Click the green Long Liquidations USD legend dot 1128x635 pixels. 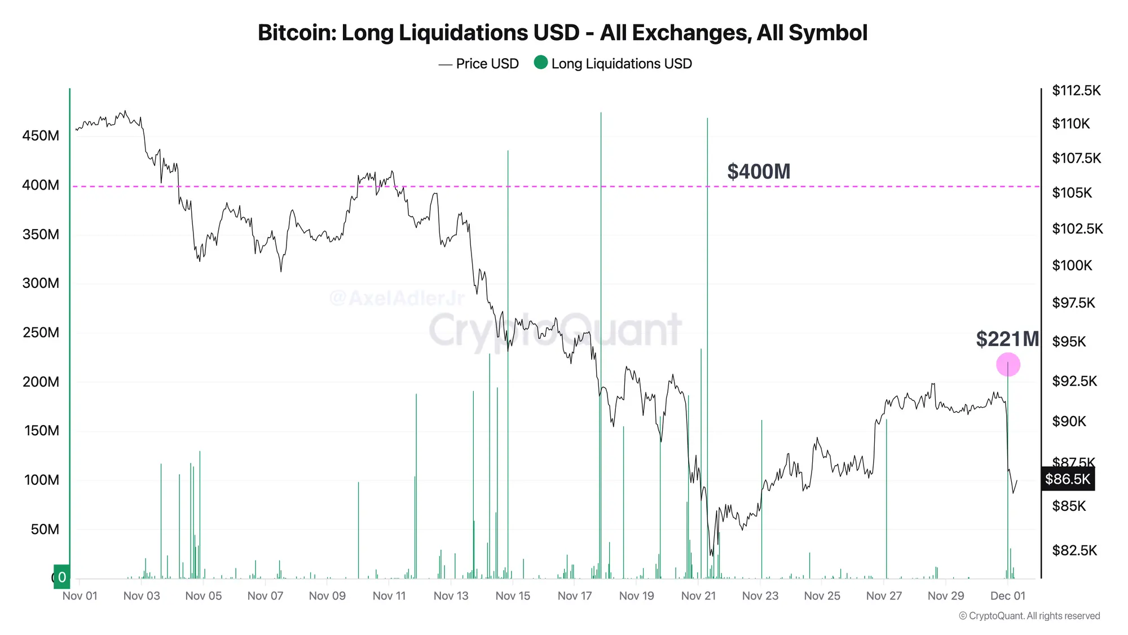540,63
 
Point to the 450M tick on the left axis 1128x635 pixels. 41,136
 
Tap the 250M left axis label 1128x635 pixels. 41,332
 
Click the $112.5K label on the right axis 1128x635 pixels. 1076,91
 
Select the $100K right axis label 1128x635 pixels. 1072,265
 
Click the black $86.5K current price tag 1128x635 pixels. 1067,479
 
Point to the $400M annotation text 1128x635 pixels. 759,172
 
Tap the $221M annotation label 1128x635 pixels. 1007,339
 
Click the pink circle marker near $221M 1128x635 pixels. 1008,365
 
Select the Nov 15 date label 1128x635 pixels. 513,596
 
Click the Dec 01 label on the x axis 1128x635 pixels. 1007,596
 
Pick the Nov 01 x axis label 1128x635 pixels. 80,596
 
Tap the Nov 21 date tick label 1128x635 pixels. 698,596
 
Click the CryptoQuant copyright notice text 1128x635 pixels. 1029,616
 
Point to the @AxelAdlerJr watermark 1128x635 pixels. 397,297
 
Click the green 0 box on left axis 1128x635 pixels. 62,577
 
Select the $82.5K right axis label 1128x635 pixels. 1074,550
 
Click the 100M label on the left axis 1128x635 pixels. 41,480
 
